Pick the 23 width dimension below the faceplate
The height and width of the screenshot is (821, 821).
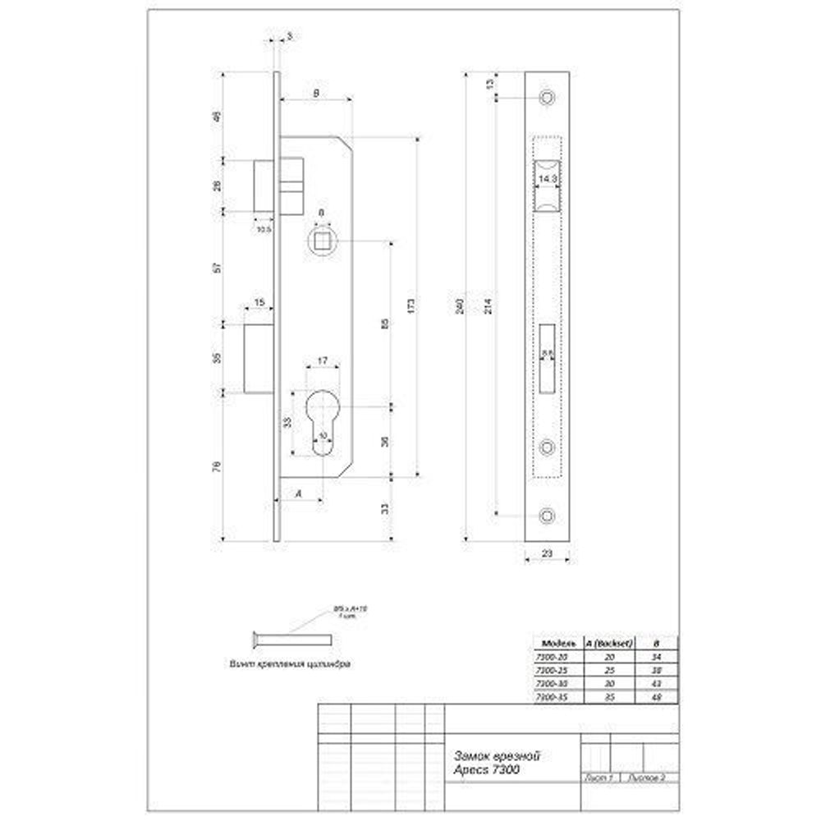click(x=548, y=553)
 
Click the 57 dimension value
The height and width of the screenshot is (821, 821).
click(x=218, y=268)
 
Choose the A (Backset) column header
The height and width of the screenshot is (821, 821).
click(x=608, y=643)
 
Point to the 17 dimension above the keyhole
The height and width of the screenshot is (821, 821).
click(x=322, y=360)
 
